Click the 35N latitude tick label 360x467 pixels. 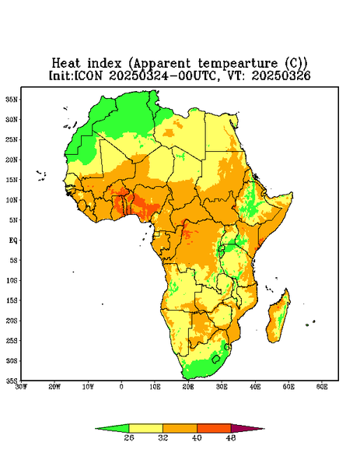[x=12, y=99]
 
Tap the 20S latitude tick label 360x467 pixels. [x=12, y=321]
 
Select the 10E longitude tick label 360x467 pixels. [x=155, y=387]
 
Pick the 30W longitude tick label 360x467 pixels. [x=21, y=387]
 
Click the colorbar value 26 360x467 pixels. [x=129, y=437]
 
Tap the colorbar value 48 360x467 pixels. [x=231, y=437]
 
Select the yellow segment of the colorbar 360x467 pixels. [x=145, y=428]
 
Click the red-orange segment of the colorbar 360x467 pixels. [x=214, y=428]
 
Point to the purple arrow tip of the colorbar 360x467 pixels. [x=264, y=429]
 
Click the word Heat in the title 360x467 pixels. [x=66, y=64]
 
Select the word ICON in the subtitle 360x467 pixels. [x=88, y=75]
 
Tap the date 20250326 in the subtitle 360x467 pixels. [x=281, y=75]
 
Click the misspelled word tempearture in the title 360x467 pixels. [x=238, y=64]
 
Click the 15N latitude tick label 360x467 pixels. [x=12, y=180]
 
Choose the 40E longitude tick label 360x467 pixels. [x=255, y=387]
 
